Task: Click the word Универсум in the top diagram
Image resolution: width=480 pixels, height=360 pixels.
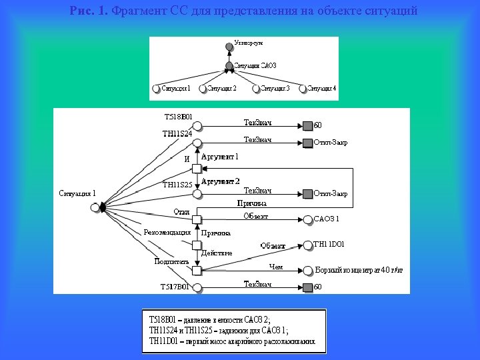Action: pyautogui.click(x=249, y=43)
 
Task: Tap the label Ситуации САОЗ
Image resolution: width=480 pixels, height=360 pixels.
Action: pyautogui.click(x=255, y=65)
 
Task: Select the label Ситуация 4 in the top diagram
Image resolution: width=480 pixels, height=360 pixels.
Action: pyautogui.click(x=322, y=88)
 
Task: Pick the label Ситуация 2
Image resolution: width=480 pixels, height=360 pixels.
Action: pyautogui.click(x=221, y=88)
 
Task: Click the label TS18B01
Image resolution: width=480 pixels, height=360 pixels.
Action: pyautogui.click(x=178, y=117)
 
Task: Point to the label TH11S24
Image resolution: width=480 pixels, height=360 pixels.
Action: pyautogui.click(x=177, y=133)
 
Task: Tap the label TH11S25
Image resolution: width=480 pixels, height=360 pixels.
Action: pyautogui.click(x=177, y=184)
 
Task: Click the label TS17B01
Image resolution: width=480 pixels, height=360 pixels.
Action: pyautogui.click(x=175, y=287)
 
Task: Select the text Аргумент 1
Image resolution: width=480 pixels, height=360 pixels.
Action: pyautogui.click(x=220, y=157)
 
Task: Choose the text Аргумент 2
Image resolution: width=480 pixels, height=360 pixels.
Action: pyautogui.click(x=221, y=181)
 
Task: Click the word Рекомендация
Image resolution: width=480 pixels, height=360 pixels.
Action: pyautogui.click(x=167, y=232)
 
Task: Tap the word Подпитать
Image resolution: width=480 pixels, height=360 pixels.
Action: pyautogui.click(x=172, y=261)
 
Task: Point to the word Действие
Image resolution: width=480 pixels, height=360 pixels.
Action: pyautogui.click(x=217, y=253)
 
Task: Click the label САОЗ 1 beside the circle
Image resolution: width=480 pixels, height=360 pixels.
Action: pyautogui.click(x=327, y=219)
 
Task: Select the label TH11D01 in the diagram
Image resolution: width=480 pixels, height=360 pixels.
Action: pyautogui.click(x=329, y=245)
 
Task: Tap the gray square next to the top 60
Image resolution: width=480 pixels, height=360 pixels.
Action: pyautogui.click(x=307, y=125)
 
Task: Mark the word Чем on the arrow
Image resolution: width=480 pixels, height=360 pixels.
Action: pyautogui.click(x=276, y=267)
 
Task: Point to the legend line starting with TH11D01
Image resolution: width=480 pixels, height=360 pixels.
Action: pyautogui.click(x=232, y=340)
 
